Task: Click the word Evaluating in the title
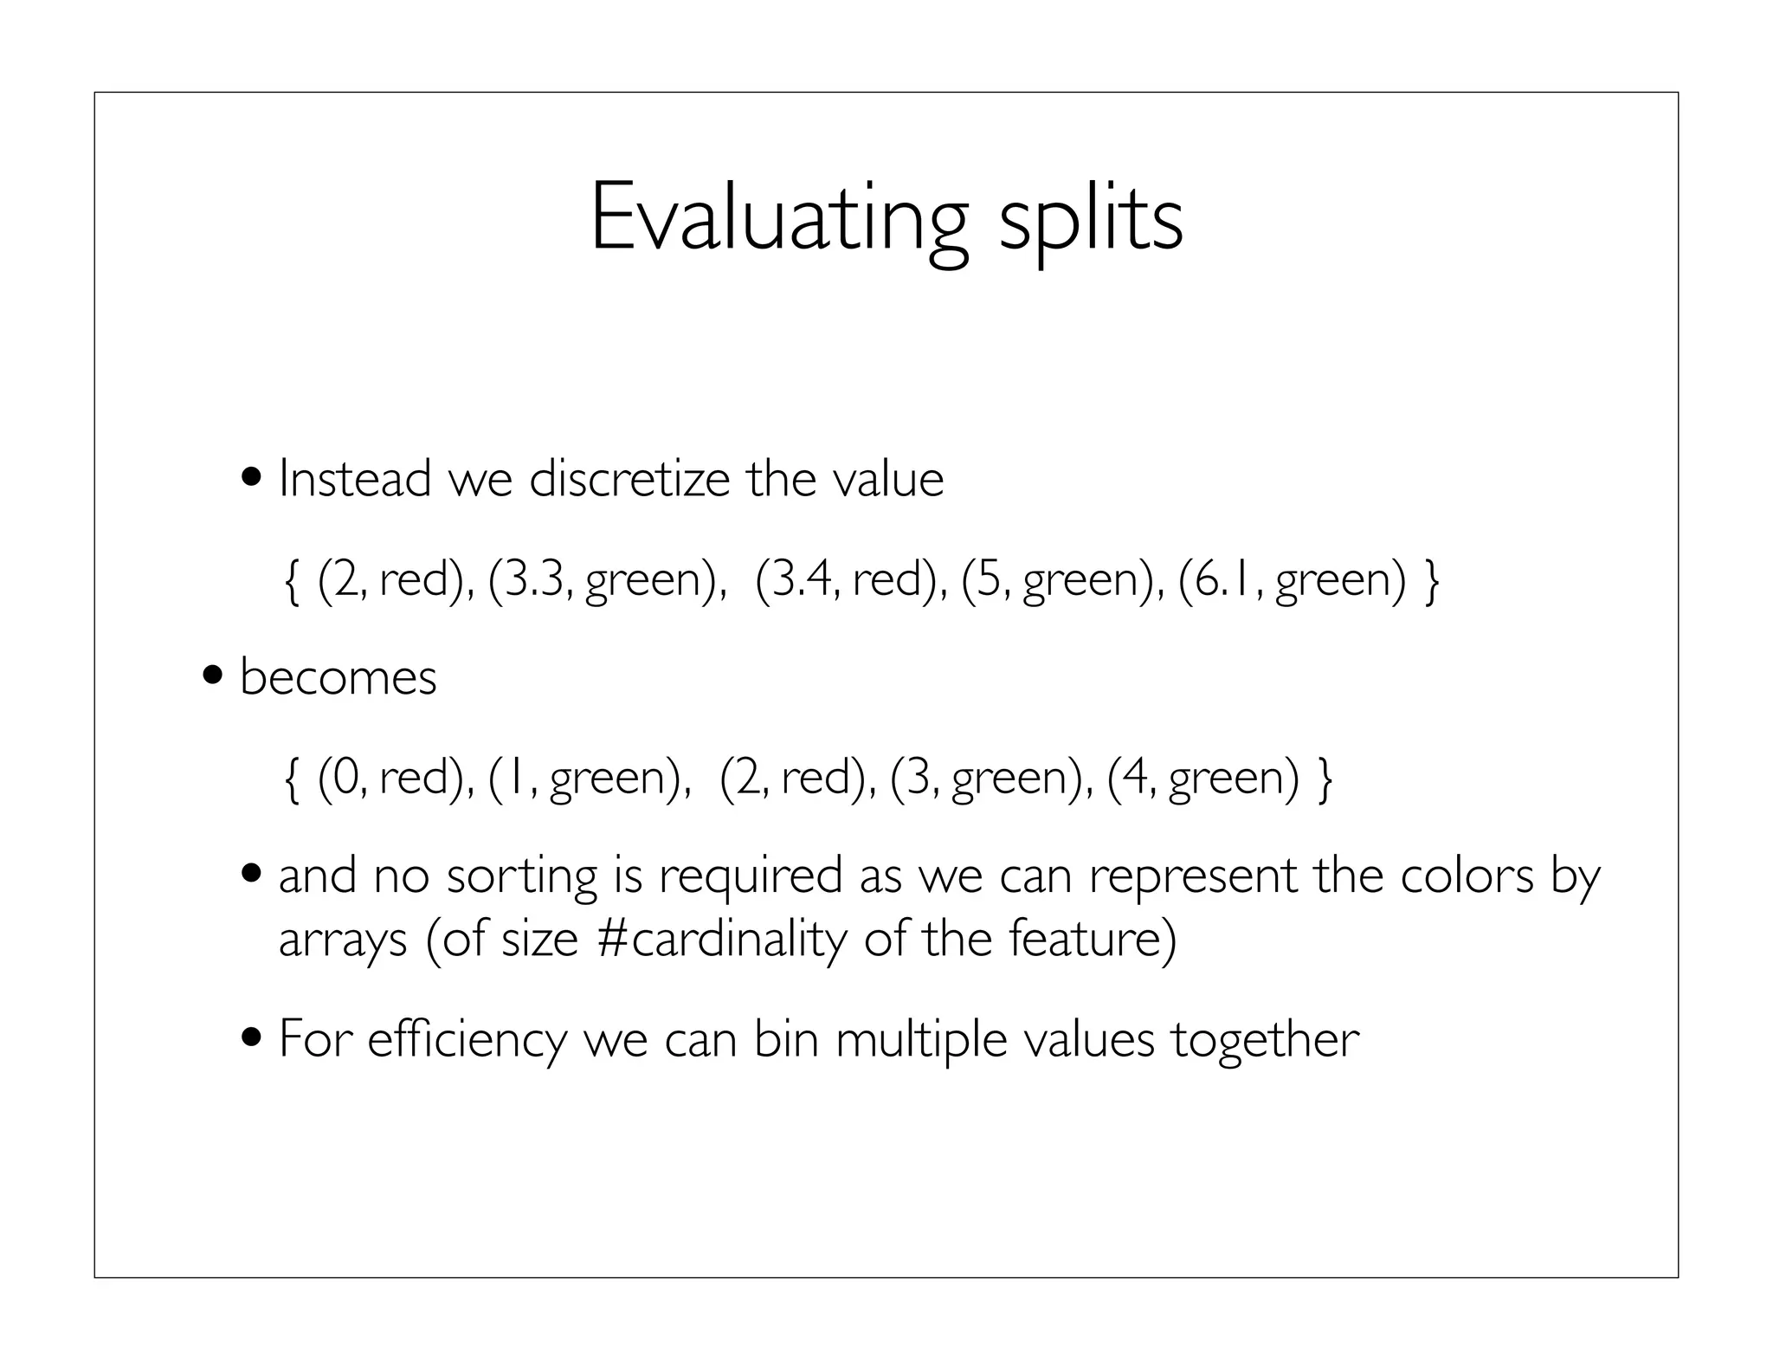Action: click(x=777, y=218)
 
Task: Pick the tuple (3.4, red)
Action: click(x=852, y=579)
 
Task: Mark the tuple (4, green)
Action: click(x=1203, y=777)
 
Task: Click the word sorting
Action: click(x=521, y=876)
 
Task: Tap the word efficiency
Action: click(x=467, y=1039)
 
